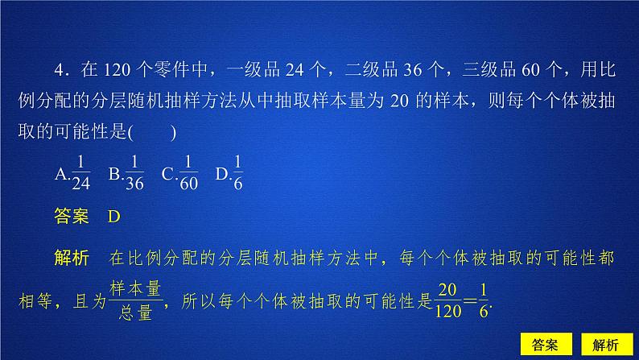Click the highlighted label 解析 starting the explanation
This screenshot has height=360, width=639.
coord(70,259)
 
